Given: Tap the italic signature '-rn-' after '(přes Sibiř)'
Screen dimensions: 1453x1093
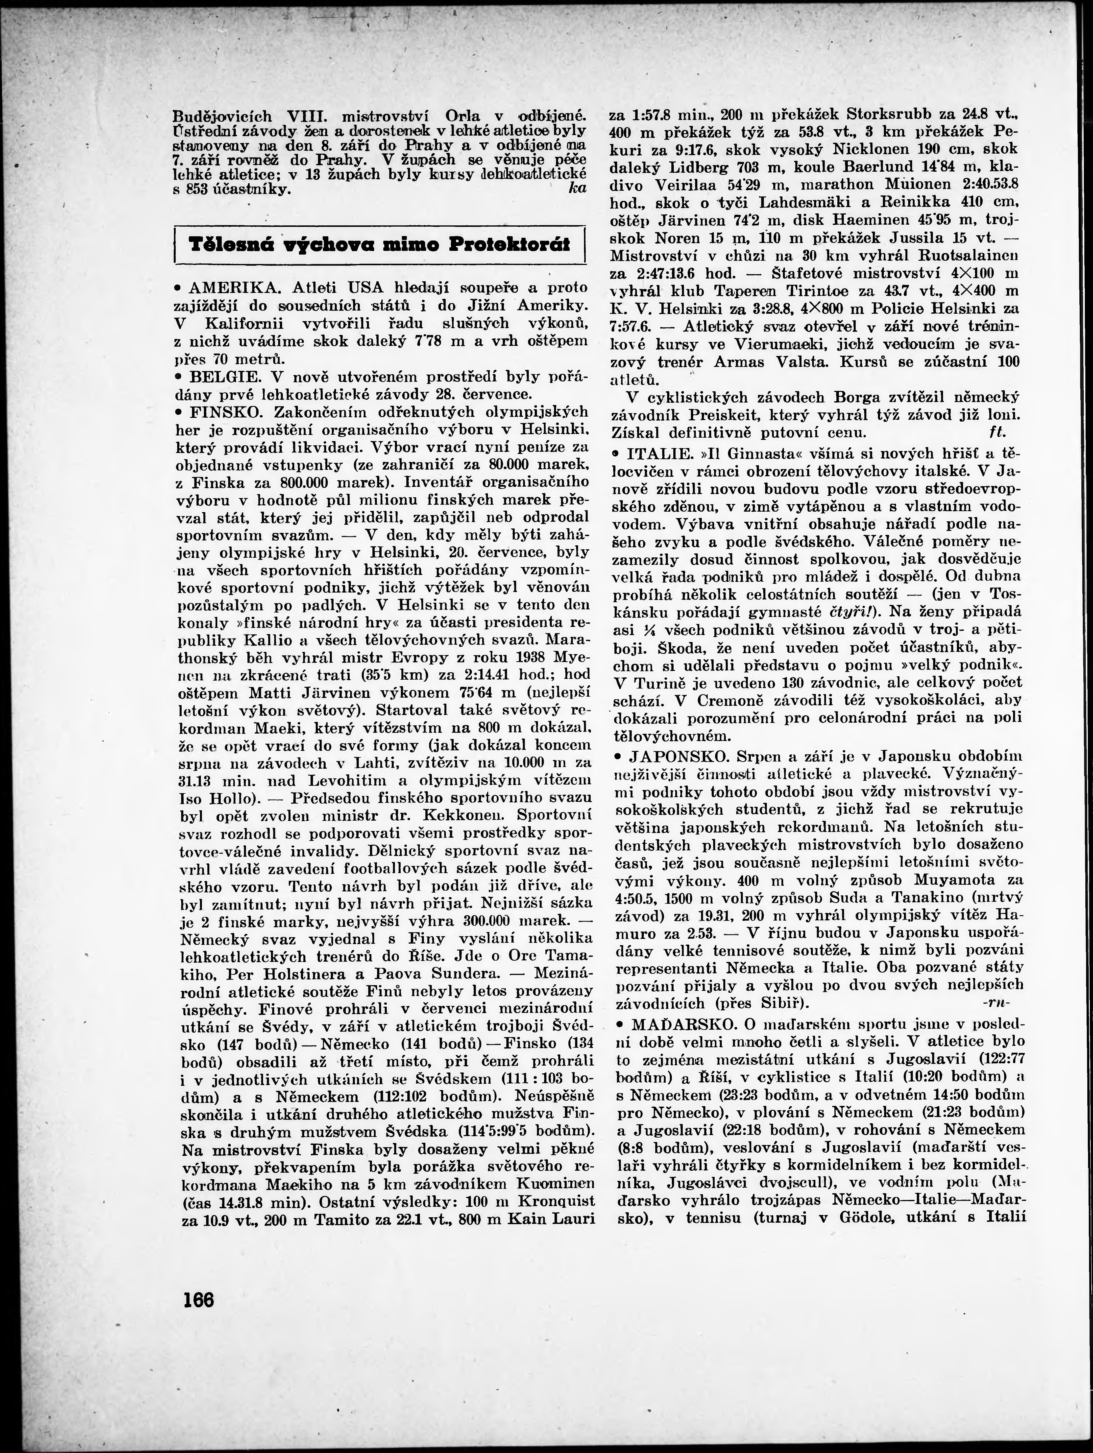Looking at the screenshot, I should pos(995,1003).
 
